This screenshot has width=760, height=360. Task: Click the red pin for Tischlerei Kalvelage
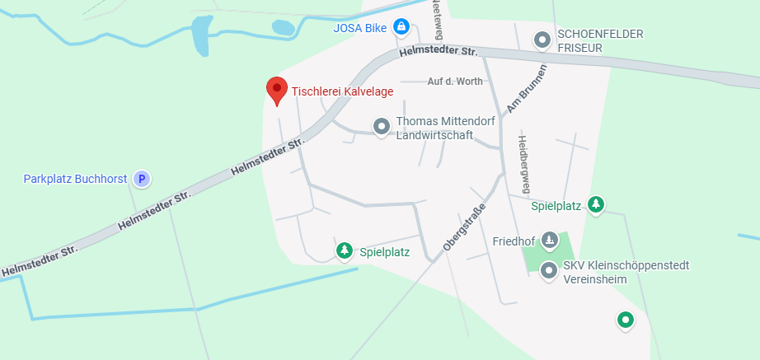pyautogui.click(x=276, y=90)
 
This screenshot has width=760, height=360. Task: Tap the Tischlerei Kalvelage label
pyautogui.click(x=342, y=91)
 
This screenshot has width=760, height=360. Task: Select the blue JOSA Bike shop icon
pyautogui.click(x=401, y=27)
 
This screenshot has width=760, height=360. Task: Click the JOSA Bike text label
pyautogui.click(x=360, y=28)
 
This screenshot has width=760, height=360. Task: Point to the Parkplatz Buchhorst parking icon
pyautogui.click(x=142, y=178)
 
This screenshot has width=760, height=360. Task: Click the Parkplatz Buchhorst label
pyautogui.click(x=75, y=179)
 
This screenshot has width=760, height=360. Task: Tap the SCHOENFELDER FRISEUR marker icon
pyautogui.click(x=542, y=39)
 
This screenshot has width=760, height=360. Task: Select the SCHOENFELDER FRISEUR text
pyautogui.click(x=600, y=40)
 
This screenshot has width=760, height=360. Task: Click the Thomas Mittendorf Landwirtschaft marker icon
pyautogui.click(x=381, y=127)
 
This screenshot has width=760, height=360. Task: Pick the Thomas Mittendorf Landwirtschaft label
pyautogui.click(x=445, y=128)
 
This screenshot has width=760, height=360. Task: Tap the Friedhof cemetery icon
pyautogui.click(x=550, y=241)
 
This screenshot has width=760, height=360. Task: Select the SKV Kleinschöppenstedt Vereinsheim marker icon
pyautogui.click(x=548, y=272)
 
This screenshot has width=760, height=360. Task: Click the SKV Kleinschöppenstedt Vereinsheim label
pyautogui.click(x=626, y=272)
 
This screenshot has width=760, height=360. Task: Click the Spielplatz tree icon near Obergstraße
pyautogui.click(x=345, y=250)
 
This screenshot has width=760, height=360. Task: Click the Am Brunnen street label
pyautogui.click(x=527, y=89)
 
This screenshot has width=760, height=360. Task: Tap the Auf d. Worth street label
pyautogui.click(x=455, y=82)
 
